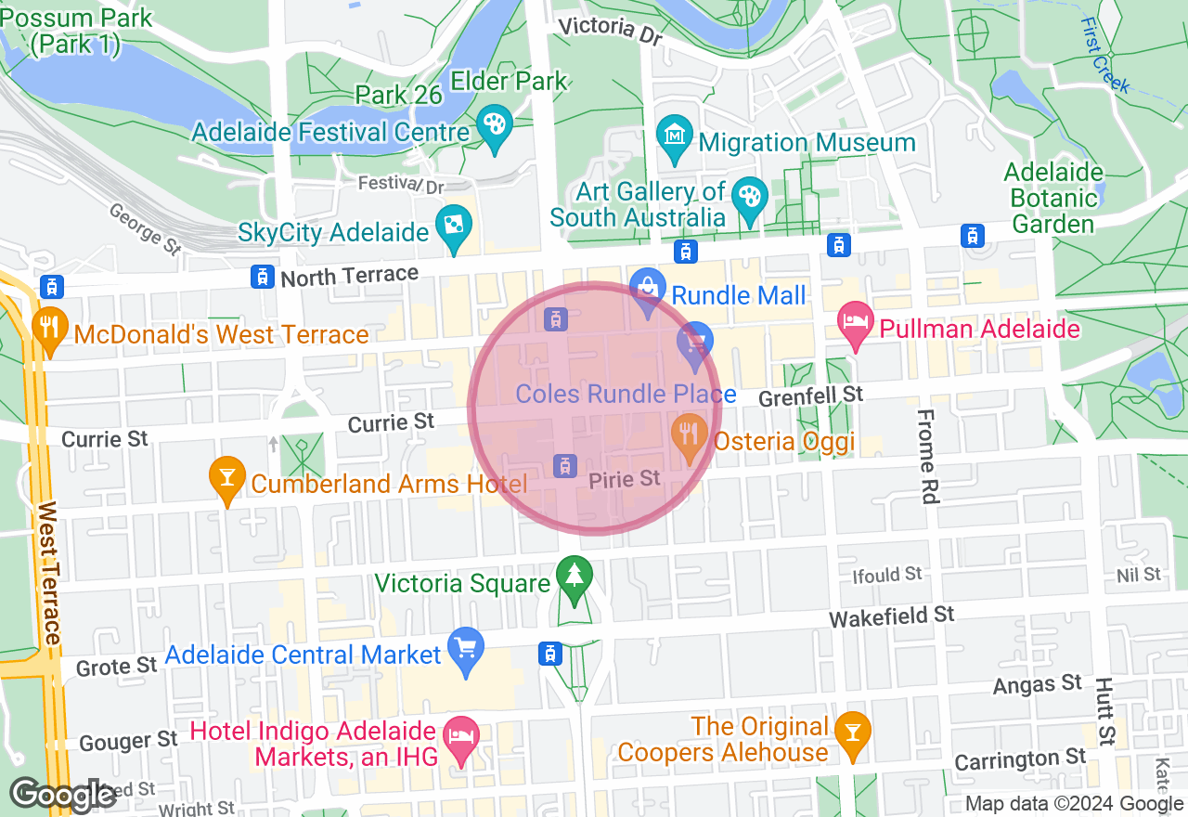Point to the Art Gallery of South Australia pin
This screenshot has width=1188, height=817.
click(748, 198)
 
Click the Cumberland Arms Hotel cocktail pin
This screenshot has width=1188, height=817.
click(226, 477)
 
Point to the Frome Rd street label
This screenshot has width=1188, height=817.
click(927, 457)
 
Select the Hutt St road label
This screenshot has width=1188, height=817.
click(1104, 710)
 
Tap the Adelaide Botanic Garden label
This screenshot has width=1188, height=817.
click(1053, 198)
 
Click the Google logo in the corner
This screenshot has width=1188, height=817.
click(63, 795)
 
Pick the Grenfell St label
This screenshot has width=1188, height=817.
click(811, 397)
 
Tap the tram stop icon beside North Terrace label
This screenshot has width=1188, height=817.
click(263, 276)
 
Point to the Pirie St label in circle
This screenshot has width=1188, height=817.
click(625, 479)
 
